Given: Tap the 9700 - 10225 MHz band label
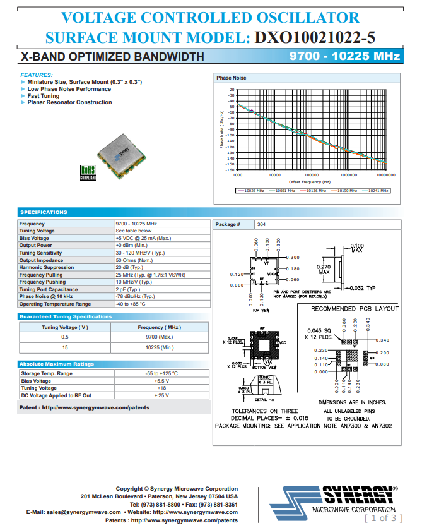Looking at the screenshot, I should click(344, 57).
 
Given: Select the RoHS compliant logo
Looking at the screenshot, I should click(88, 172).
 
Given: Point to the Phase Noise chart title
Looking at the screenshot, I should click(232, 78).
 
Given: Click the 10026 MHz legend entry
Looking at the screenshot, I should click(251, 190).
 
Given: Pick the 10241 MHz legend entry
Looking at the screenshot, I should click(375, 190).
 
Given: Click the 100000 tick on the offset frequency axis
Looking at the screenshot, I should click(311, 175).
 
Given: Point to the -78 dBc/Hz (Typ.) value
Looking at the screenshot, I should click(135, 296).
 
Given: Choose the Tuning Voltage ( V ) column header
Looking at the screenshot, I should click(65, 327).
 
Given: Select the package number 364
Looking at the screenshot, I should click(261, 224).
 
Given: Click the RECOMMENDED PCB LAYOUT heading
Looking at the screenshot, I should click(355, 309).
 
